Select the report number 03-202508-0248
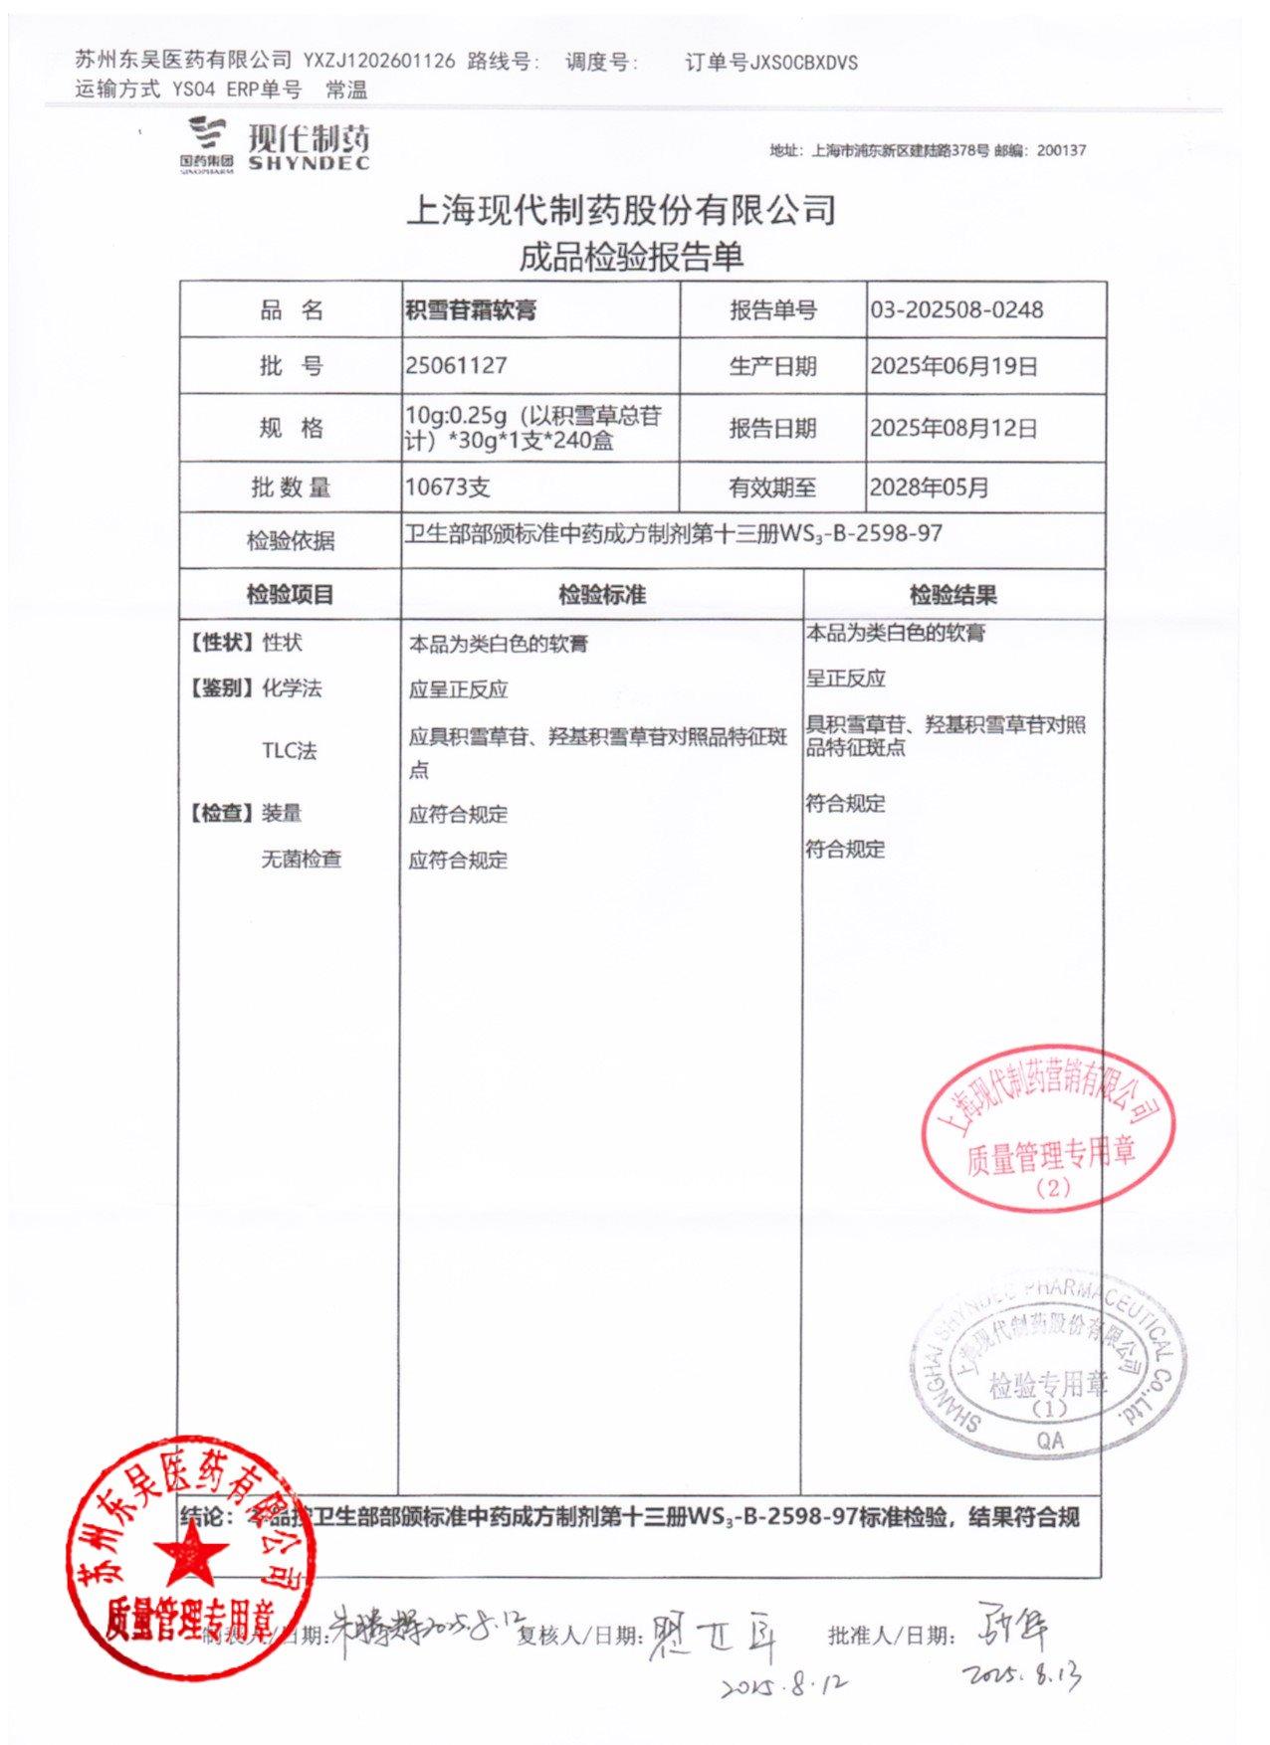(x=956, y=309)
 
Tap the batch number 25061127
(x=456, y=365)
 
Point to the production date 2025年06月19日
(x=953, y=366)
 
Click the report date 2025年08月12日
(x=953, y=428)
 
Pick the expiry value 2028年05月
(x=929, y=487)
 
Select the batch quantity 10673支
(x=447, y=487)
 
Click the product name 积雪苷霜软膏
(x=471, y=309)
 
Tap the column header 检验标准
(x=601, y=595)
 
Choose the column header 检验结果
(x=952, y=595)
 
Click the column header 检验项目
(x=290, y=595)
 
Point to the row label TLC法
(x=289, y=751)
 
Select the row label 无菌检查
(x=301, y=859)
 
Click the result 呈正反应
(x=846, y=679)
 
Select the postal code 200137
(x=1061, y=151)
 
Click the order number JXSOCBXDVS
(x=803, y=63)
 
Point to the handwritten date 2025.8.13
(x=1022, y=1674)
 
